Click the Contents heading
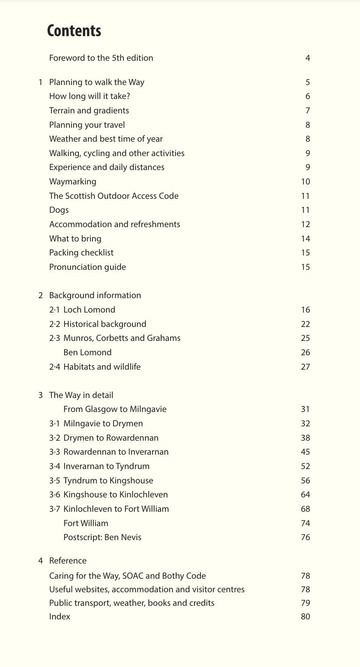tap(74, 31)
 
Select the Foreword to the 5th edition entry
tap(101, 58)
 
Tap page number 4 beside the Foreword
tap(307, 58)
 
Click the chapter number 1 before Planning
tap(41, 82)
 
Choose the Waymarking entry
tap(73, 182)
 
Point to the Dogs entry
tap(59, 210)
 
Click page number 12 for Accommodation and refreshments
tap(305, 224)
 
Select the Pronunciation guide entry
tap(88, 267)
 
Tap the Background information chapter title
tap(95, 295)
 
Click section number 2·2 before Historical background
tap(55, 324)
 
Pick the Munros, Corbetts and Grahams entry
tap(122, 338)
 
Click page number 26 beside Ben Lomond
tap(305, 352)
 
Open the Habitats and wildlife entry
tap(102, 367)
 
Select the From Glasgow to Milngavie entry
tap(115, 409)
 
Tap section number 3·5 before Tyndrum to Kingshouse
tap(55, 481)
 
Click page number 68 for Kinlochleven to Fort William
tap(305, 509)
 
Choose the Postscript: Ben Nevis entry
tap(102, 537)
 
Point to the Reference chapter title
tap(68, 561)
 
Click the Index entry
tap(60, 616)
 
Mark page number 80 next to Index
tap(305, 616)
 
